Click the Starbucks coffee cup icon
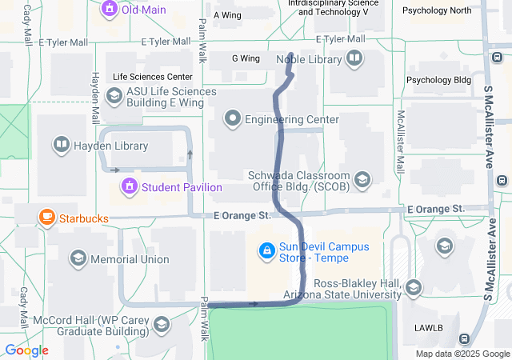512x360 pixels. pyautogui.click(x=47, y=217)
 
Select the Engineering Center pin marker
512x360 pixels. pyautogui.click(x=233, y=120)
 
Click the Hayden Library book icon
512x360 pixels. pyautogui.click(x=61, y=146)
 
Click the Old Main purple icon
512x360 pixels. pyautogui.click(x=109, y=10)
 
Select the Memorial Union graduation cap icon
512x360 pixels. pyautogui.click(x=78, y=258)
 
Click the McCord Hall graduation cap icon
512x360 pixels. pyautogui.click(x=162, y=325)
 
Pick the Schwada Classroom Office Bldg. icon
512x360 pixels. pyautogui.click(x=363, y=180)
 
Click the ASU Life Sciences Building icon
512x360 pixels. pyautogui.click(x=114, y=97)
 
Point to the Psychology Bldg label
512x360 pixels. pyautogui.click(x=439, y=80)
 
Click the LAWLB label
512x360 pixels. pyautogui.click(x=429, y=328)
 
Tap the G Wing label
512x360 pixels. pyautogui.click(x=246, y=58)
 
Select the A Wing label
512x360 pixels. pyautogui.click(x=227, y=15)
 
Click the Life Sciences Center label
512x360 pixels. pyautogui.click(x=153, y=77)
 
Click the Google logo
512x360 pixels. pyautogui.click(x=26, y=350)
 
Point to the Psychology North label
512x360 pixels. pyautogui.click(x=437, y=10)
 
